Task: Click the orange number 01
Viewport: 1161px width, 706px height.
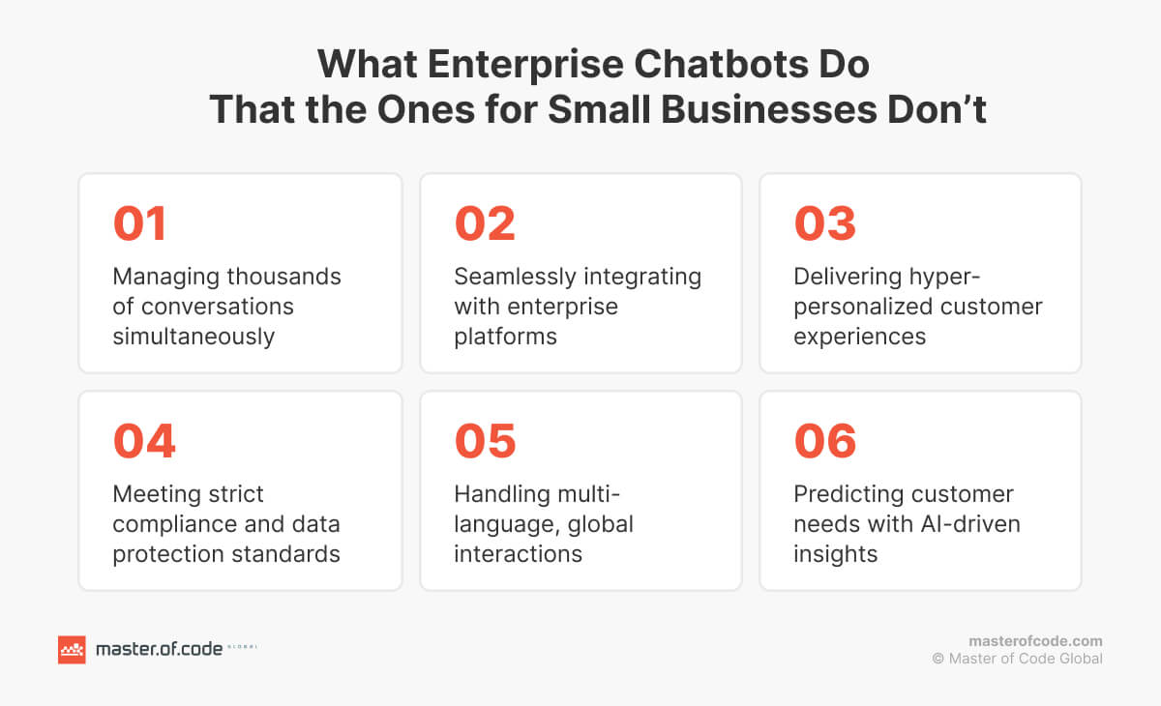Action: (140, 223)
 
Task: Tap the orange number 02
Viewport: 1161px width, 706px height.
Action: (485, 223)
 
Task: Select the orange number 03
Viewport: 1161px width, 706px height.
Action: (825, 223)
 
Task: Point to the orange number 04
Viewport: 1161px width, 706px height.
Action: (144, 441)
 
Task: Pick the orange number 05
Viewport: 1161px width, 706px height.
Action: (485, 441)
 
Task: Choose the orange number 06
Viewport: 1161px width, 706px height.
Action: (825, 441)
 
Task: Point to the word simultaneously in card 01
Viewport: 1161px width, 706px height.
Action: (193, 336)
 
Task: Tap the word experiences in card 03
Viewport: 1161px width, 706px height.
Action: (860, 336)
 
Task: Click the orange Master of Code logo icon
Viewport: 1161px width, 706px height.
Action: (72, 649)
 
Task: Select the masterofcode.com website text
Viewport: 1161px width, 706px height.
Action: (1035, 641)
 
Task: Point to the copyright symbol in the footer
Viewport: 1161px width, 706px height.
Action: (938, 659)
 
